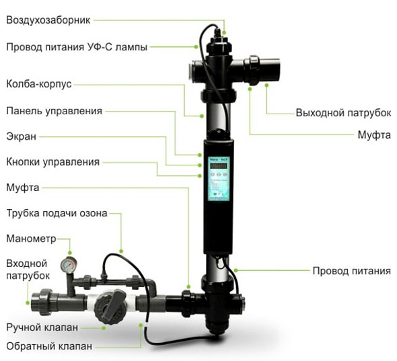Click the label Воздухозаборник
click(x=48, y=20)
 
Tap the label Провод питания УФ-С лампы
click(x=77, y=47)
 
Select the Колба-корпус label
click(x=39, y=84)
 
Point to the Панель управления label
click(x=55, y=111)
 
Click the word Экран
click(x=22, y=136)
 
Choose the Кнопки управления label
click(x=52, y=162)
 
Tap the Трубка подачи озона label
click(x=57, y=213)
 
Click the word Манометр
click(x=31, y=239)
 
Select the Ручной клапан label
click(x=42, y=327)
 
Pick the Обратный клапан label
click(x=49, y=346)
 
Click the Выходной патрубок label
click(x=343, y=113)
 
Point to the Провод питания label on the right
click(x=352, y=271)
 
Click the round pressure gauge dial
click(x=68, y=265)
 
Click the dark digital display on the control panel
click(x=219, y=166)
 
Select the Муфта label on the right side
click(x=374, y=135)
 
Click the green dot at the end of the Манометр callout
click(x=70, y=253)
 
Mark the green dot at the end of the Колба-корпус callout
click(x=202, y=116)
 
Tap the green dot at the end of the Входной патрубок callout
click(x=28, y=303)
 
